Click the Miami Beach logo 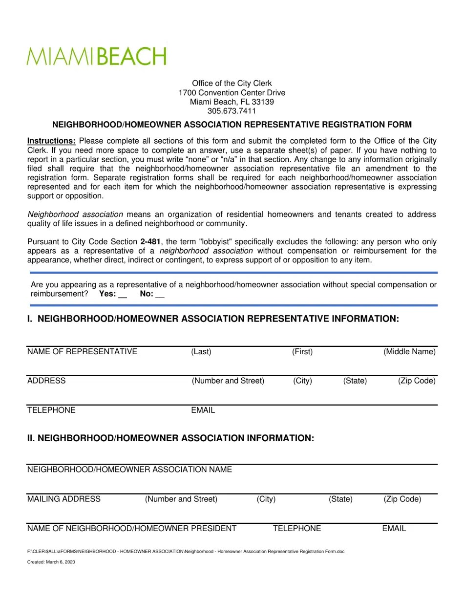[97, 57]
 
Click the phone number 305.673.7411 [232, 111]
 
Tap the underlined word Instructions [51, 141]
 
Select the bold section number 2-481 [149, 242]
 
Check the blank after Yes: [123, 295]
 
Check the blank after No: [160, 295]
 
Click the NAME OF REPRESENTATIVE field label [82, 352]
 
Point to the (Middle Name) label [409, 352]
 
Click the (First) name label [302, 352]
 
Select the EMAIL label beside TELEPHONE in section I [203, 410]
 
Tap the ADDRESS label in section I [46, 381]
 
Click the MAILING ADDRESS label [64, 499]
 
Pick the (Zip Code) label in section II [402, 499]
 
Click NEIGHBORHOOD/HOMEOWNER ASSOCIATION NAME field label [129, 470]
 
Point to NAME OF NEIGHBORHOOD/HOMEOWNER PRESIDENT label [132, 528]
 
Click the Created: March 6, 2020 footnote [51, 562]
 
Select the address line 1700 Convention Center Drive [232, 93]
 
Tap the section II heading [170, 438]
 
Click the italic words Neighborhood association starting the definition [75, 215]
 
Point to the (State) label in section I [355, 381]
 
